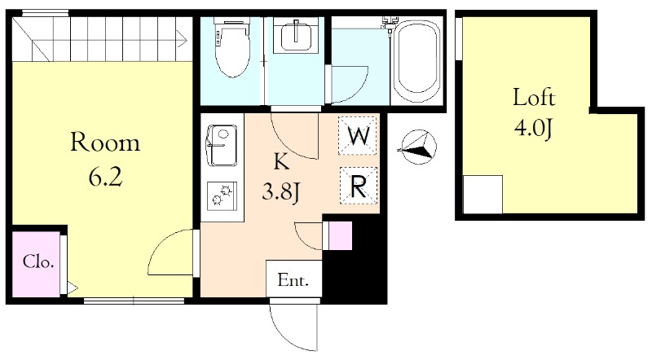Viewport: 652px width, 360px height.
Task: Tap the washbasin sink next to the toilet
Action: point(296,36)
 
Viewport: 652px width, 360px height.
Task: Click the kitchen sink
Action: point(222,145)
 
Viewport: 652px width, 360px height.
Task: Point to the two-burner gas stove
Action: point(222,196)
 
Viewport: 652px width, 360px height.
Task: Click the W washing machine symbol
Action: point(358,135)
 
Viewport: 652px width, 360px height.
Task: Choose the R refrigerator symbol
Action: point(359,186)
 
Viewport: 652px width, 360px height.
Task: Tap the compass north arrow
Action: point(417,147)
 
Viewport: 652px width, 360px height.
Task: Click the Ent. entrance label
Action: point(293,280)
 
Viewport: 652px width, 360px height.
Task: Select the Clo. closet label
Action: point(37,262)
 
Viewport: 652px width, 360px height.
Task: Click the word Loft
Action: point(534,97)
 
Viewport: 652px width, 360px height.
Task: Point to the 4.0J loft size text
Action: point(533,128)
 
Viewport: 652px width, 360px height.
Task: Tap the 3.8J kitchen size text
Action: point(281,192)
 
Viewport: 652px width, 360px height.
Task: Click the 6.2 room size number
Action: point(105,178)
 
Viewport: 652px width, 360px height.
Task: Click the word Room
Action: point(105,142)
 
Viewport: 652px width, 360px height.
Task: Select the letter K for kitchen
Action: point(281,162)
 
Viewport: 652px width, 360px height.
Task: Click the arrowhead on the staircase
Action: point(181,38)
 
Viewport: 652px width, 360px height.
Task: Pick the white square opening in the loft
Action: point(482,195)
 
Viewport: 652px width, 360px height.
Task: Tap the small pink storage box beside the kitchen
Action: point(337,235)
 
